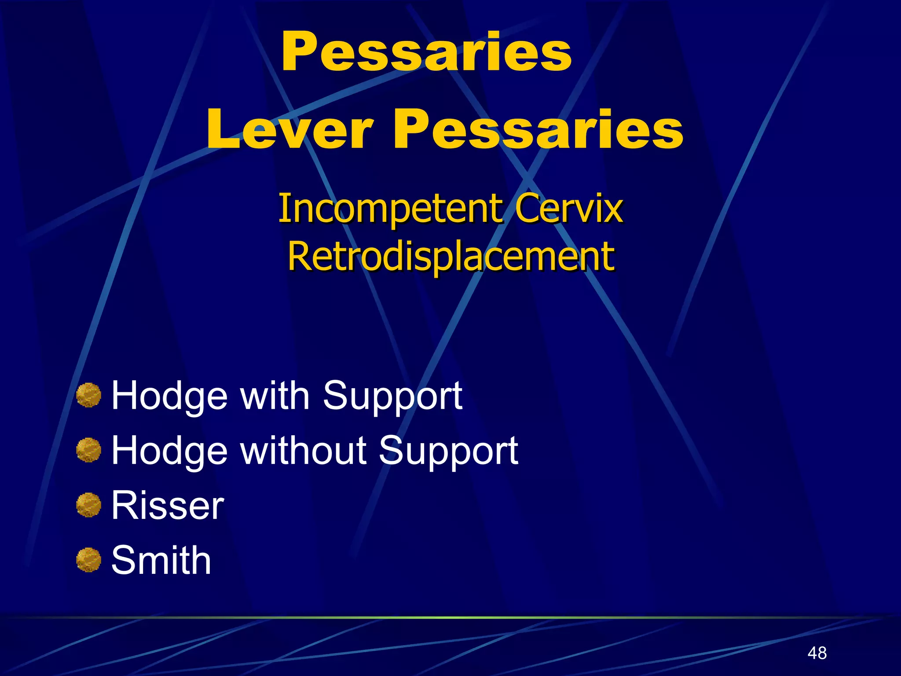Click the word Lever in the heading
coord(290,130)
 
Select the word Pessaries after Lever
coord(538,130)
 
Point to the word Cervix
coord(568,209)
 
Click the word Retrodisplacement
coord(450,257)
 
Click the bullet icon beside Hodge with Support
coord(88,395)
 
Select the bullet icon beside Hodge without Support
coord(88,450)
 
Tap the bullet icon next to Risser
coord(88,505)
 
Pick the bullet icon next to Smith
coord(88,560)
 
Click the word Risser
coord(168,506)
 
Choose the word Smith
coord(161,561)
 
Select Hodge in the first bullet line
coord(169,396)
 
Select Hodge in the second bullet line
coord(169,451)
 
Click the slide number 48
coord(817,653)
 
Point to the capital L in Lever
coord(222,130)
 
